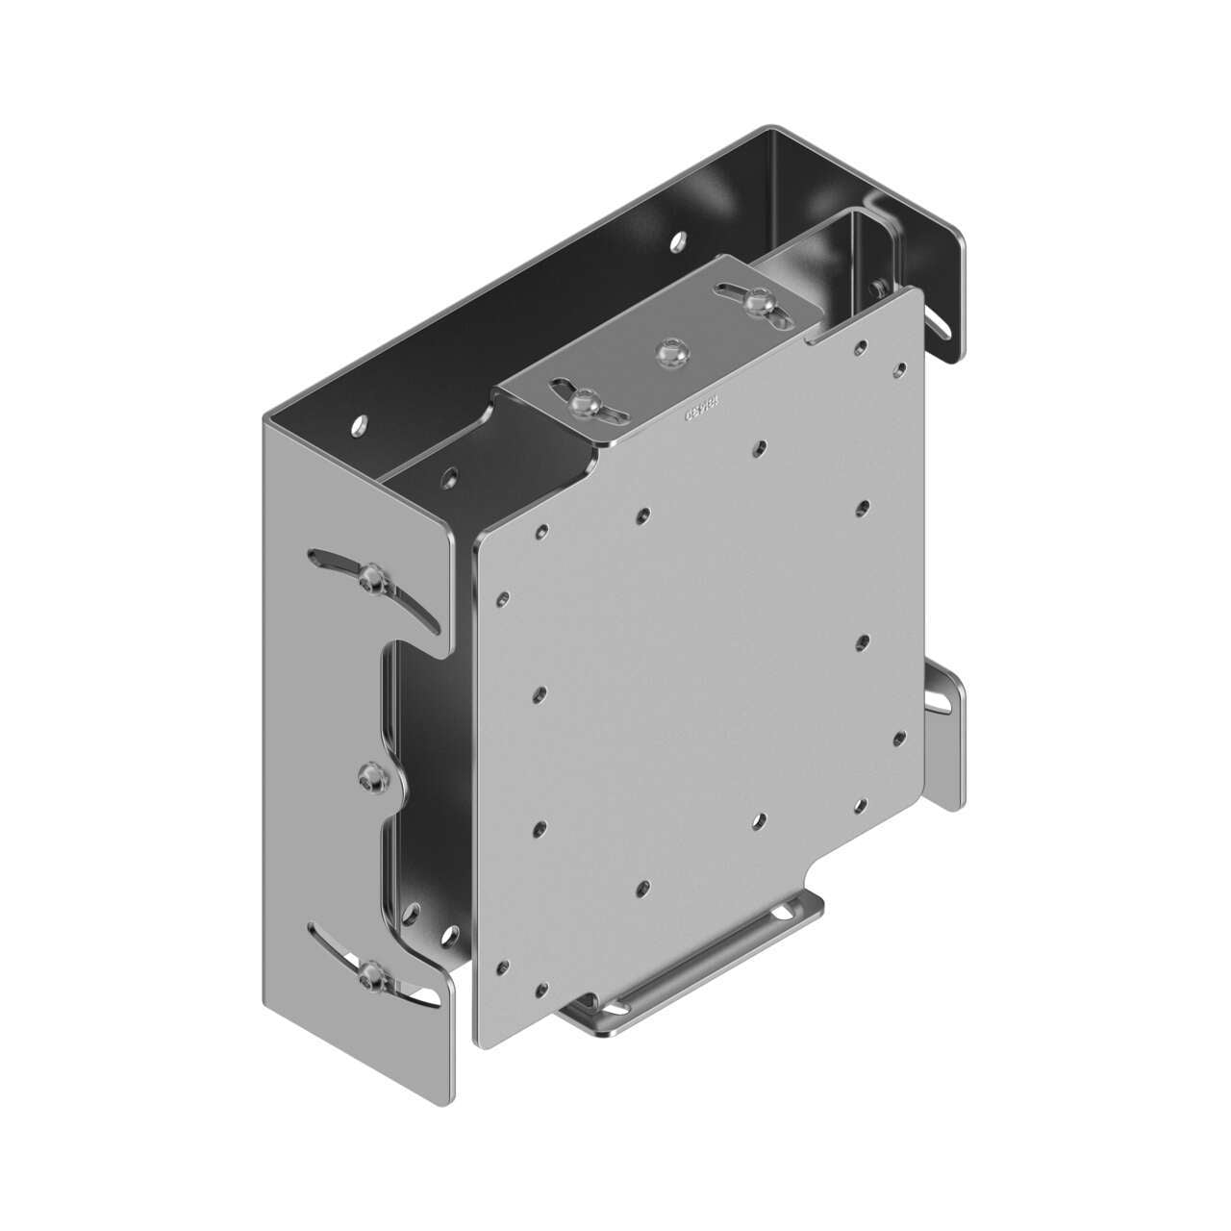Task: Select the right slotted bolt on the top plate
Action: click(755, 302)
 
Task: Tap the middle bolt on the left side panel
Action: click(368, 780)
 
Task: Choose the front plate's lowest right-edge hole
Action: click(900, 737)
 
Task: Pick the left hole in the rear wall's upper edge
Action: click(361, 422)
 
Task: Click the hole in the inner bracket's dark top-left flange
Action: click(448, 475)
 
